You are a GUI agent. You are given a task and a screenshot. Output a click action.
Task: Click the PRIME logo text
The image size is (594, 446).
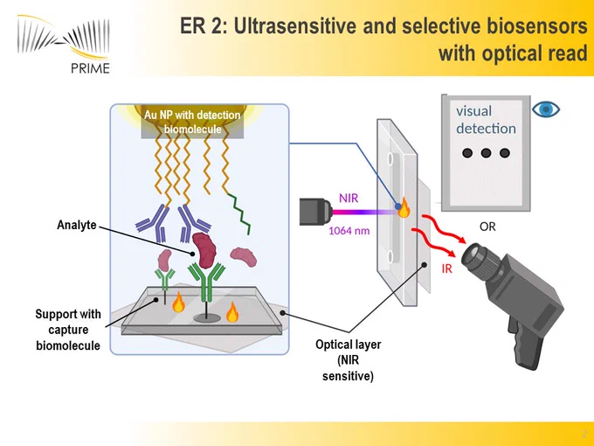90,67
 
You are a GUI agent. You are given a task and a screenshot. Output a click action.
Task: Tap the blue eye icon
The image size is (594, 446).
545,109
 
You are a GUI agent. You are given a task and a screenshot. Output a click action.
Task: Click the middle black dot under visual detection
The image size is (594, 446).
486,153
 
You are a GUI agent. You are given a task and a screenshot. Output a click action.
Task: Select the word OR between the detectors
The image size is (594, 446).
487,226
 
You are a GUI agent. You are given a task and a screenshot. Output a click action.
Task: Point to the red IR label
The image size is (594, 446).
446,268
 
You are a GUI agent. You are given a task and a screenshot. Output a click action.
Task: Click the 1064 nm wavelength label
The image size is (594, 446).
349,231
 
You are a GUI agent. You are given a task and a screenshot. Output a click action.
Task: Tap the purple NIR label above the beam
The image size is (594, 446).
349,198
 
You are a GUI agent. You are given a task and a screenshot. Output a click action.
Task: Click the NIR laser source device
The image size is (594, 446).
315,212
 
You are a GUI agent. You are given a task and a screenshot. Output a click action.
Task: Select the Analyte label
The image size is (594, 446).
77,225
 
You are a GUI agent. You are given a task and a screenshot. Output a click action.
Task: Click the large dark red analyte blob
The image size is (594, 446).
204,250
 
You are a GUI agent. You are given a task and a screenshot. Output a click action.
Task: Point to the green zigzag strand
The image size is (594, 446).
239,213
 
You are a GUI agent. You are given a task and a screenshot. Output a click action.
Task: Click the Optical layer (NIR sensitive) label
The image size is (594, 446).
349,360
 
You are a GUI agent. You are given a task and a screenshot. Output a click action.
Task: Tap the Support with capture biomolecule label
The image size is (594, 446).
68,330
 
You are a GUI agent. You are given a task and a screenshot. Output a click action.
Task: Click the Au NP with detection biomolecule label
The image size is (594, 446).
192,122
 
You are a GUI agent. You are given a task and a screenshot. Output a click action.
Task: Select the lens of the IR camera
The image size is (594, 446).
474,255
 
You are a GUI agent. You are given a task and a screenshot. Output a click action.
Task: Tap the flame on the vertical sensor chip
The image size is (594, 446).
404,208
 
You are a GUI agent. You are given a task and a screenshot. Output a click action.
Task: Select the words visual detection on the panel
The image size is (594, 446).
486,120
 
